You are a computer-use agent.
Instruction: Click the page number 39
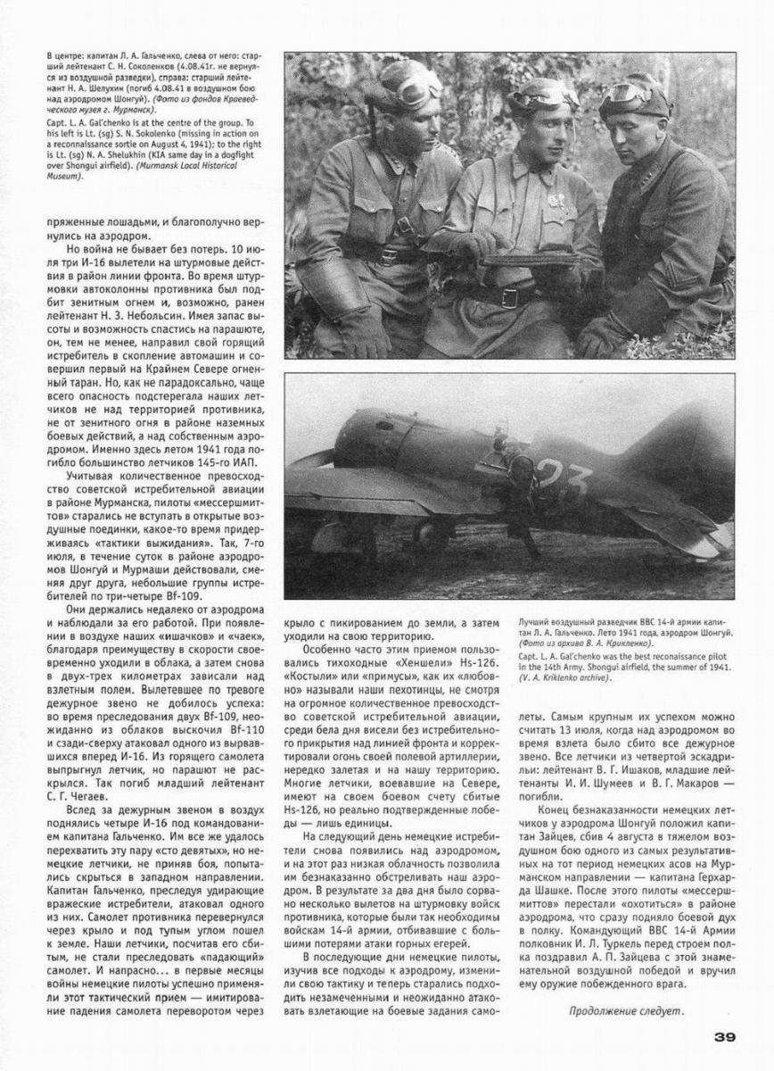click(x=723, y=1036)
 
